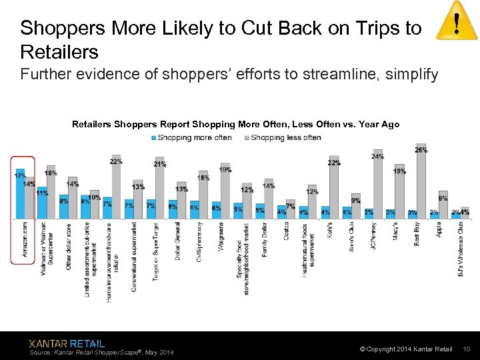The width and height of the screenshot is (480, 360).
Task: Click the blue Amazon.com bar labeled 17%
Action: pyautogui.click(x=20, y=195)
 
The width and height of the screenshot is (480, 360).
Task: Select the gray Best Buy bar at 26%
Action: pyautogui.click(x=421, y=181)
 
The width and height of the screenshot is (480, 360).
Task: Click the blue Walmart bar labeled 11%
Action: pyautogui.click(x=42, y=203)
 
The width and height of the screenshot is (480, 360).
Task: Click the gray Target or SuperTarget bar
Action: pyautogui.click(x=160, y=189)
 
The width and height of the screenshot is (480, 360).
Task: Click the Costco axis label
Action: pyautogui.click(x=286, y=232)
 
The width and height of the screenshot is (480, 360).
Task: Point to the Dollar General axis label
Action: pyautogui.click(x=177, y=241)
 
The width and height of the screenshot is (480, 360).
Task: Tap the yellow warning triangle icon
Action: pyautogui.click(x=456, y=25)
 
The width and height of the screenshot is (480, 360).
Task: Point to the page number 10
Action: pyautogui.click(x=467, y=349)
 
